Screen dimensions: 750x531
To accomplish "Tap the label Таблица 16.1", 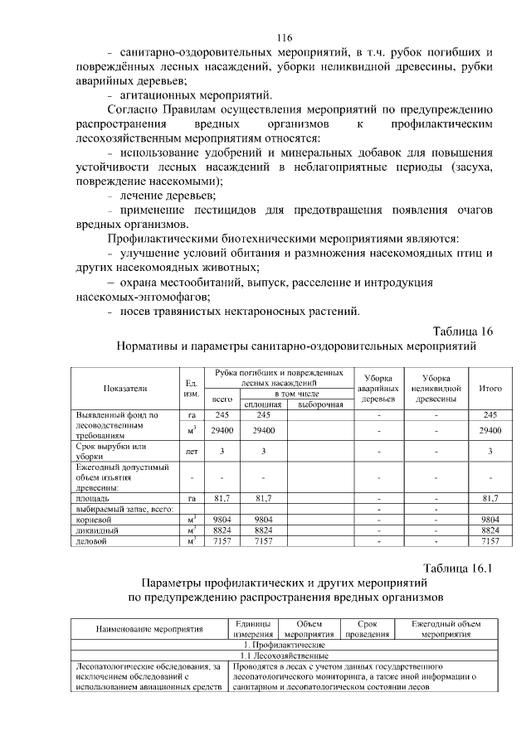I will pyautogui.click(x=458, y=568).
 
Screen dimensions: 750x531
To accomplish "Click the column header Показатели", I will pyautogui.click(x=124, y=388).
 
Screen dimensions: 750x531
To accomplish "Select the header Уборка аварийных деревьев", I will pyautogui.click(x=378, y=388).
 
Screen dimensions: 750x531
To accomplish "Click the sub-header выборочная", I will pyautogui.click(x=320, y=404).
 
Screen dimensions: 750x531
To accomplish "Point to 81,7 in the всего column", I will pyautogui.click(x=221, y=498).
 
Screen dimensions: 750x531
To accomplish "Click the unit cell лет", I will pyautogui.click(x=191, y=451).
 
